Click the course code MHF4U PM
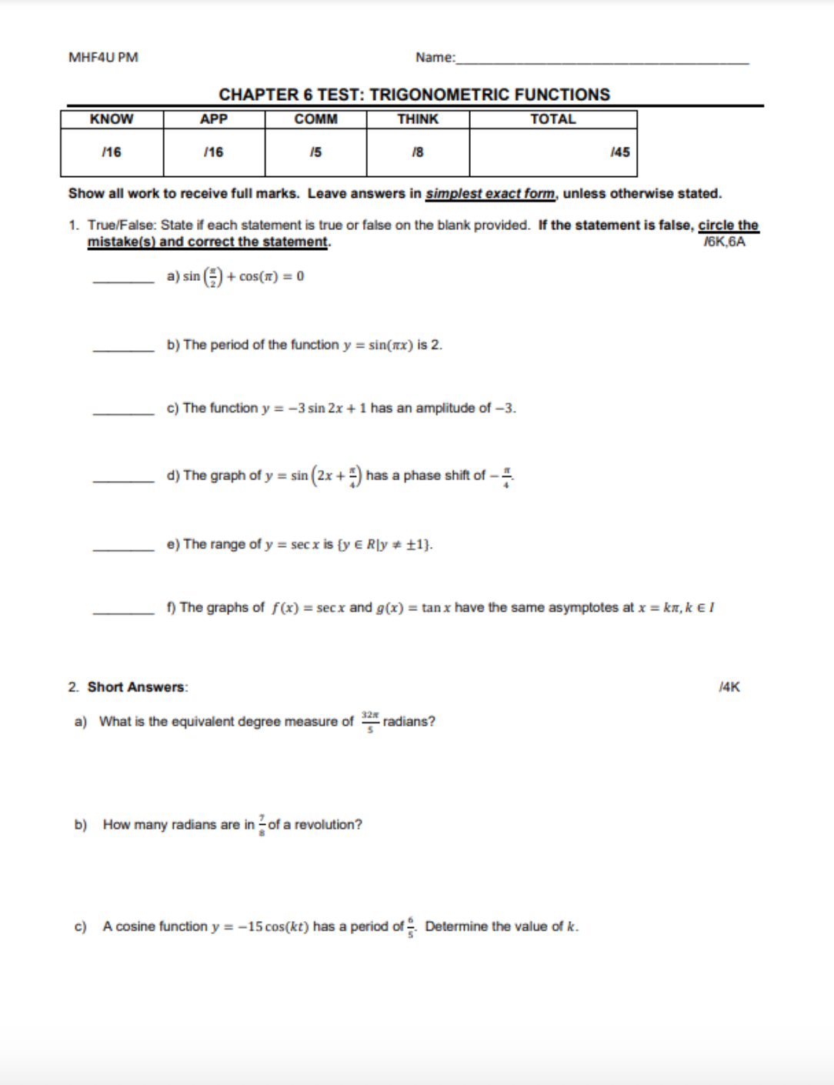coord(103,58)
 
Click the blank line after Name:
coord(602,60)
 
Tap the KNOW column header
coord(112,119)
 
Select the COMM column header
coord(315,119)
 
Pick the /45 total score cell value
coord(619,152)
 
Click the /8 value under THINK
coord(417,152)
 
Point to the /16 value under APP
coord(213,152)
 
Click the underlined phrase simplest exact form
coord(490,194)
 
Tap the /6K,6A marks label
coord(724,242)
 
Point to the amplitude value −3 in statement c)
coord(505,409)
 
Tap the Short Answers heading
coord(137,687)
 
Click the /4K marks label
coord(729,687)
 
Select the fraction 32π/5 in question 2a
coord(370,721)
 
